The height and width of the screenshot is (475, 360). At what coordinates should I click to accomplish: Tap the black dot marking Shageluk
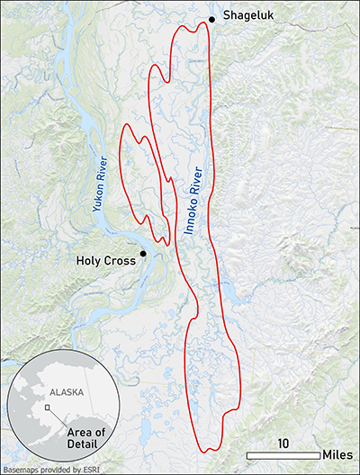click(212, 19)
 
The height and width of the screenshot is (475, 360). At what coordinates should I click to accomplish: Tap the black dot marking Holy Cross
click(143, 254)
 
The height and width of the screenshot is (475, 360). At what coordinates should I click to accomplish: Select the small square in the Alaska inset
click(48, 408)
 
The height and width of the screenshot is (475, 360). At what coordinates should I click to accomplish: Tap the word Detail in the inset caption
click(87, 446)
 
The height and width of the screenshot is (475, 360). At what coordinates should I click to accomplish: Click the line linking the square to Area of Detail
click(58, 419)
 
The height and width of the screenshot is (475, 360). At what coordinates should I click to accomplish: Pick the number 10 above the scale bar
click(282, 444)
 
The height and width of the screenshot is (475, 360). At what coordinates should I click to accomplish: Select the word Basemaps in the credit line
click(23, 468)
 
